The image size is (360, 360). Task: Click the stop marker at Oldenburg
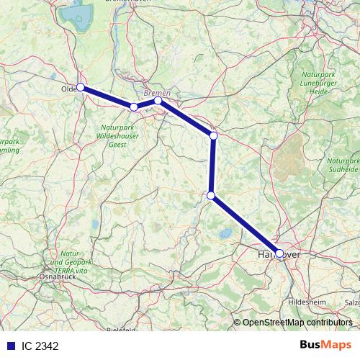coord(81,87)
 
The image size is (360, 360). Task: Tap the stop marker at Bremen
coord(158,101)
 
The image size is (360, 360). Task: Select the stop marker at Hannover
coord(279,253)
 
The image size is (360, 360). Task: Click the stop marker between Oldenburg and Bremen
coord(134,107)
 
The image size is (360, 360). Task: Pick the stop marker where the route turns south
coord(214,135)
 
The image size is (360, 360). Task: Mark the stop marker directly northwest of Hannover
coord(211,195)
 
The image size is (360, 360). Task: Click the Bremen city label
coord(157,93)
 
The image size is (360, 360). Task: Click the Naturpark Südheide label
coord(343,165)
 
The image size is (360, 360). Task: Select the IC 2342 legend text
coord(40,346)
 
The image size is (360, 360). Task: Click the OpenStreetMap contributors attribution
coord(297,323)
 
